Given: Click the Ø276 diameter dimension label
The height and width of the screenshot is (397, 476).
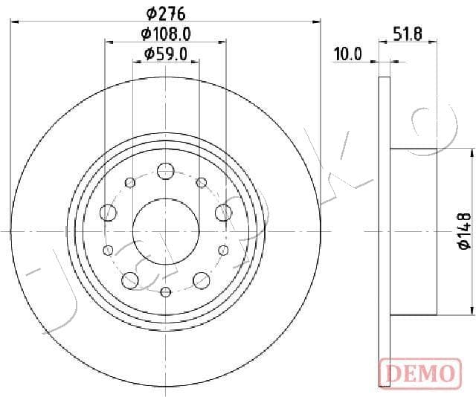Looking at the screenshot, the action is pos(166,13).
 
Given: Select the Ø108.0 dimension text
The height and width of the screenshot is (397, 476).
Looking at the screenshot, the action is pos(166,33).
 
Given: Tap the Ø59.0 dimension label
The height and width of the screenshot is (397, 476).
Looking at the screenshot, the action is pos(165,54).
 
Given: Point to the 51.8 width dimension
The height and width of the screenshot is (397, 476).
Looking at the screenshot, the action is pos(408,33).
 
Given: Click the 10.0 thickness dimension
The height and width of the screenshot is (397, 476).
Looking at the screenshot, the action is pos(348,54).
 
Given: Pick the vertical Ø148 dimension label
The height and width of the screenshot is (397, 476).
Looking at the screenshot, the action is pos(465,231).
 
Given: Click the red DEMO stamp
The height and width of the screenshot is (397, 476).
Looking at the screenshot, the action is pos(420,373).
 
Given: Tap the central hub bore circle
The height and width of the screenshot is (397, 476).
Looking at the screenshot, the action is pos(132,231).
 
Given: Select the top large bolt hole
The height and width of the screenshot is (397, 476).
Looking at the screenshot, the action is pos(165,171).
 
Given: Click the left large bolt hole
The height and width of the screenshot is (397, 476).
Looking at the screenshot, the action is pos(108,213).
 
